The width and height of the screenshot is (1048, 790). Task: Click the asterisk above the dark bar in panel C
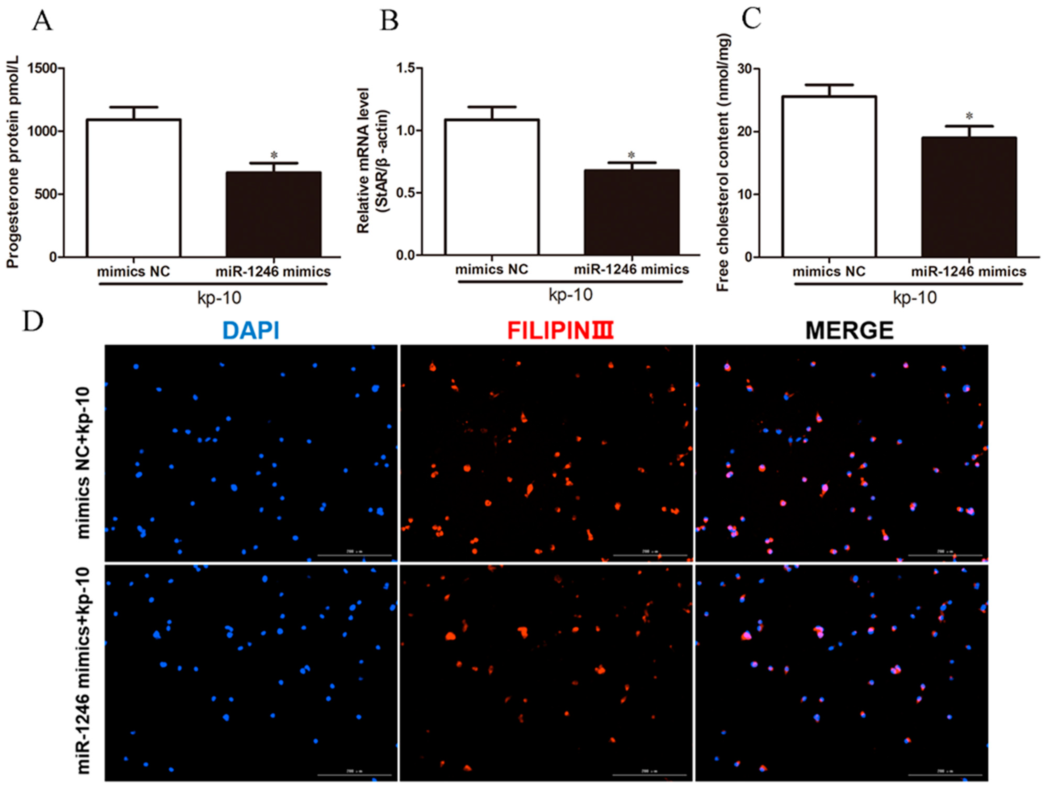(969, 116)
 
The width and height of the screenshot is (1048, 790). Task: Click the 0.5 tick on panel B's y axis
(406, 193)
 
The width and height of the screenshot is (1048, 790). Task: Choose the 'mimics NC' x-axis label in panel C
(829, 272)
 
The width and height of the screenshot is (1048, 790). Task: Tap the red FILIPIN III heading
(560, 330)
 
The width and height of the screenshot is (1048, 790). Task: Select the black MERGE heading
(850, 330)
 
